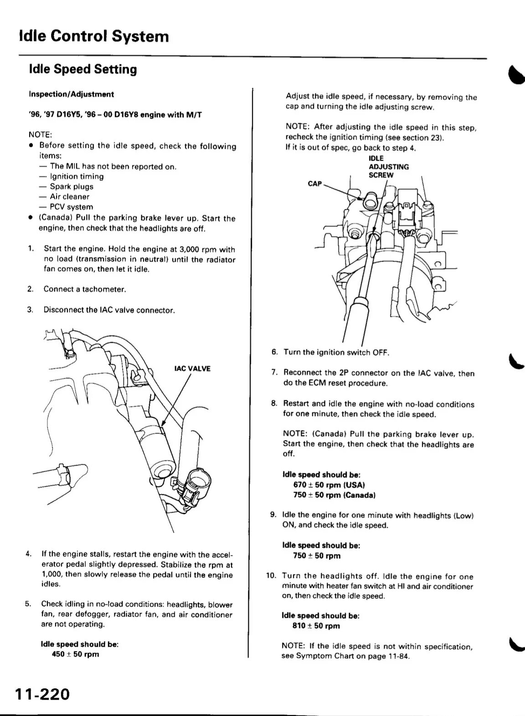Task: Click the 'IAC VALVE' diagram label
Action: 192,369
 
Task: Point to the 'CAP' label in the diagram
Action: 315,184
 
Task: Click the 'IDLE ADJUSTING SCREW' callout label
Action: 388,167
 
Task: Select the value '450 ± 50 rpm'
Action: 76,654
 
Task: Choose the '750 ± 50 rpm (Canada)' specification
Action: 334,495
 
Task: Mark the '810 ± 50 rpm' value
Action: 316,626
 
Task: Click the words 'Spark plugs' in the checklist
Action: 72,187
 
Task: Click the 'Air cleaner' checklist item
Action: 70,197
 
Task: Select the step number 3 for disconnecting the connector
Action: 30,310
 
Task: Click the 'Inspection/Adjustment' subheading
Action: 71,94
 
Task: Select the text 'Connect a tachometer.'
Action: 85,289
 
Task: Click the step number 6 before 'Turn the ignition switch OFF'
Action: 274,352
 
